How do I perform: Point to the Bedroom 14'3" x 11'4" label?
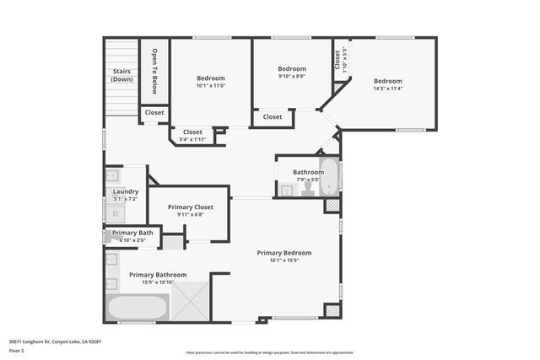387,84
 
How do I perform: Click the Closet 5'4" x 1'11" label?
192,135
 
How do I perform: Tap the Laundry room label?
126,195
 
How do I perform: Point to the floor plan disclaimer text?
269,352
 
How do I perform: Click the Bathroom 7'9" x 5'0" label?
308,173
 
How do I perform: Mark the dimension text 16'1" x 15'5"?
284,261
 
